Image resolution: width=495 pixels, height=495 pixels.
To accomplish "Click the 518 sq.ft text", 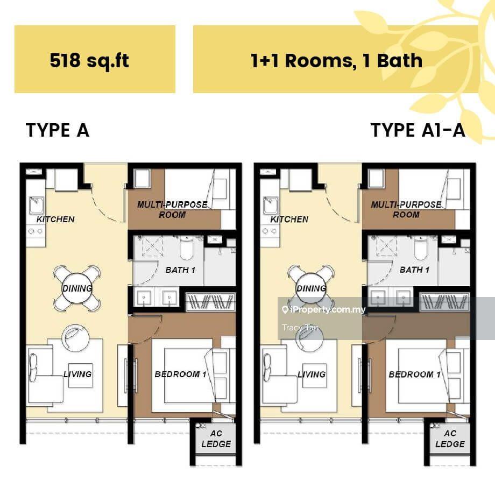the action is [89, 60].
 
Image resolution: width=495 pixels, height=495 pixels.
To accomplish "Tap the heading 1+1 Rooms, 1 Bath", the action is [336, 61].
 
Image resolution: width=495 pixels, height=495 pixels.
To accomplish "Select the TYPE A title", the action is [58, 130].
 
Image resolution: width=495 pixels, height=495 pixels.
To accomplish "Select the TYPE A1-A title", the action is [418, 130].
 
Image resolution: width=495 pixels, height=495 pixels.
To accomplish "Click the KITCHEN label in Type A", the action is [55, 220].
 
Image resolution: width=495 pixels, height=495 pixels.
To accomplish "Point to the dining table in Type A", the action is [77, 288].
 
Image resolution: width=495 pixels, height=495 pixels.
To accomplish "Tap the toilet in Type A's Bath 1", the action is [186, 249].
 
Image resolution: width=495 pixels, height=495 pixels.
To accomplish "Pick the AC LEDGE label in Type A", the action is [216, 439].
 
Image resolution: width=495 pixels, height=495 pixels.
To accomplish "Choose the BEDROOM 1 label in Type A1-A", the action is [414, 374].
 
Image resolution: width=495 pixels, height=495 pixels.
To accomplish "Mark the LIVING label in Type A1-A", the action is [312, 374].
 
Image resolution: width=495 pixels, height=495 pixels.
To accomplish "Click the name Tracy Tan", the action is [300, 328].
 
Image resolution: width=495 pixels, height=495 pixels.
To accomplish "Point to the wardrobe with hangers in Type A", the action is [210, 302].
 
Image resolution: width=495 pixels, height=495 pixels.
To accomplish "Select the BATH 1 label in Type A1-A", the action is [414, 270].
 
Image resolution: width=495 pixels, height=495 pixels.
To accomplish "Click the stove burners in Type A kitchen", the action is [36, 231].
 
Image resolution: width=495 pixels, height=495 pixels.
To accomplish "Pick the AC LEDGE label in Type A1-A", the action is [450, 439].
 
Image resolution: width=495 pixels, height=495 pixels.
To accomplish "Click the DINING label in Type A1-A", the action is [312, 288].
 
